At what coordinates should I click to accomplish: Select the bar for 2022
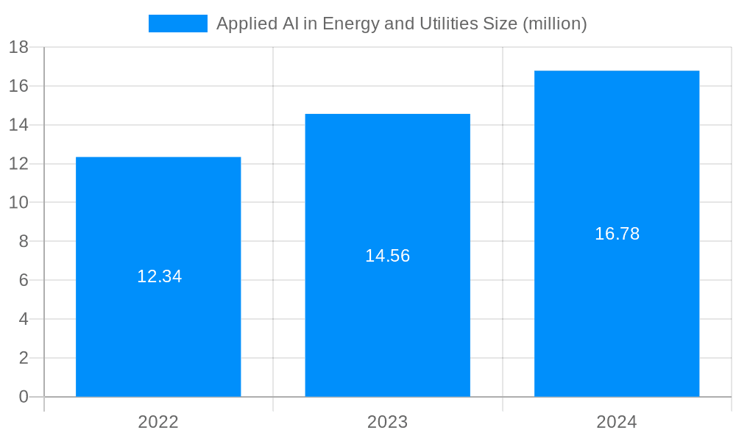[x=158, y=220]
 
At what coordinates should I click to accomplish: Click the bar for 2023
[x=388, y=191]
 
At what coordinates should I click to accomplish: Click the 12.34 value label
[x=159, y=276]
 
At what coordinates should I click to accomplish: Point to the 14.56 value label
[x=388, y=256]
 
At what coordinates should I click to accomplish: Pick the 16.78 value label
[x=617, y=234]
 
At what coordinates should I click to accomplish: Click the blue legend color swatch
[x=178, y=24]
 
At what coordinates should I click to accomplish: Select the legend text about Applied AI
[x=401, y=24]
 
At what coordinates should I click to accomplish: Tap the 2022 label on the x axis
[x=158, y=422]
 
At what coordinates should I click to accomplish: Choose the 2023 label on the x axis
[x=388, y=422]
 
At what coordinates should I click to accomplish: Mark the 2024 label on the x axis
[x=617, y=422]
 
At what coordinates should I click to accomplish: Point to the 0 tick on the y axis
[x=24, y=397]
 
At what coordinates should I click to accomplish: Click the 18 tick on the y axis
[x=18, y=48]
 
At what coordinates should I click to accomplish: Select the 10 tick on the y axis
[x=18, y=203]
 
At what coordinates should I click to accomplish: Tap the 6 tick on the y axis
[x=24, y=280]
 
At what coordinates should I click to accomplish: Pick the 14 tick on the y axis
[x=18, y=125]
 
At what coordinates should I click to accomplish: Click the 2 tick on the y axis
[x=24, y=358]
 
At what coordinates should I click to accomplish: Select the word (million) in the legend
[x=554, y=24]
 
